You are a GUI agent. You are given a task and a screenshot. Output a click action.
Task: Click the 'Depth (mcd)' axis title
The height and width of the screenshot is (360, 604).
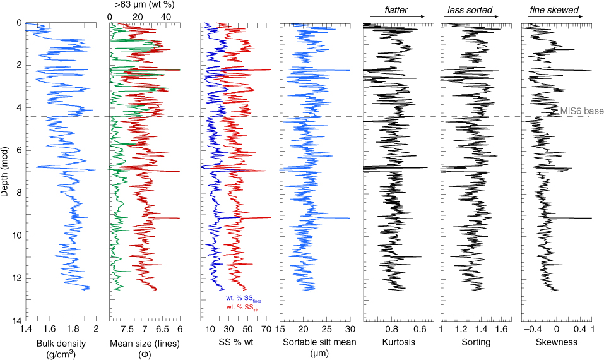(6, 172)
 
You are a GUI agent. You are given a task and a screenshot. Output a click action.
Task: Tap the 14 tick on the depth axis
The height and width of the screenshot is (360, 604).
(18, 321)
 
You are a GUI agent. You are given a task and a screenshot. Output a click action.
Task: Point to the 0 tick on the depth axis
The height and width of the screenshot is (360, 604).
(19, 23)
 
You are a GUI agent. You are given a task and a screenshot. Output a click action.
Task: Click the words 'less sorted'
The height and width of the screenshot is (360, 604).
(469, 11)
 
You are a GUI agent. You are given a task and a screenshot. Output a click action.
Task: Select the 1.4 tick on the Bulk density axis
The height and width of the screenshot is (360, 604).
(26, 329)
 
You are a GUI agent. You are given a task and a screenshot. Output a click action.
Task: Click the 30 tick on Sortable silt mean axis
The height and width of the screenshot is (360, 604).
(349, 329)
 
